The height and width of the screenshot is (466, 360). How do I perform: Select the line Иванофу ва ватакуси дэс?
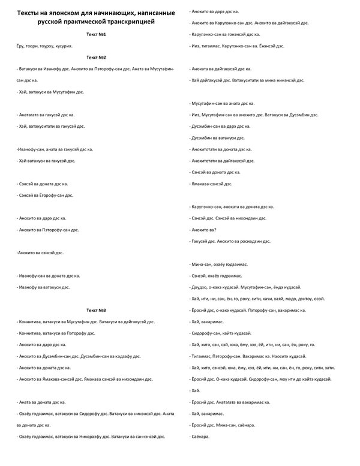click(x=44, y=287)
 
